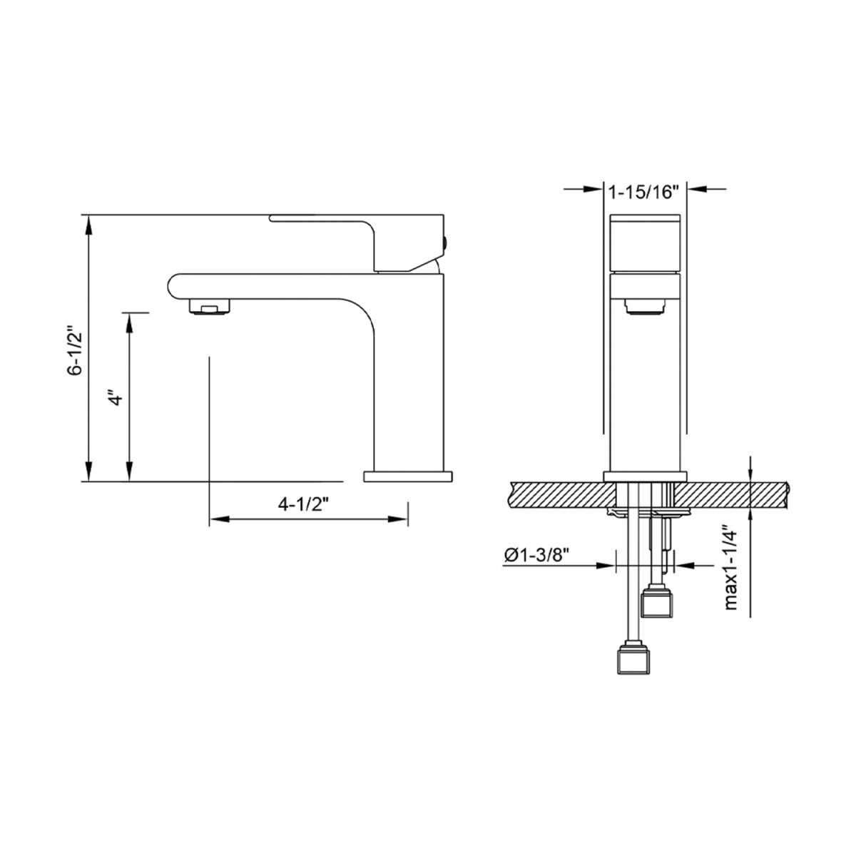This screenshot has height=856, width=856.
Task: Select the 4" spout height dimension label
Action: tap(115, 397)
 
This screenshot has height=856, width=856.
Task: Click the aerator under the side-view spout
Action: tap(210, 307)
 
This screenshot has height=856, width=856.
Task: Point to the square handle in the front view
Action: tap(646, 243)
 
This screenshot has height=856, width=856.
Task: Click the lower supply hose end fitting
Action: tap(634, 660)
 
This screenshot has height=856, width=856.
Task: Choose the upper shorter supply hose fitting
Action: tap(658, 603)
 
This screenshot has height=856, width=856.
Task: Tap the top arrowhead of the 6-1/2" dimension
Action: tap(88, 223)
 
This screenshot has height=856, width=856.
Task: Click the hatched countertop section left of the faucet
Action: tap(556, 494)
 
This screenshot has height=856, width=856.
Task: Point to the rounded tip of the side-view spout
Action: tap(173, 287)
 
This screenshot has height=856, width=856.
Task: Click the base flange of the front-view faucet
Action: tap(646, 476)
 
